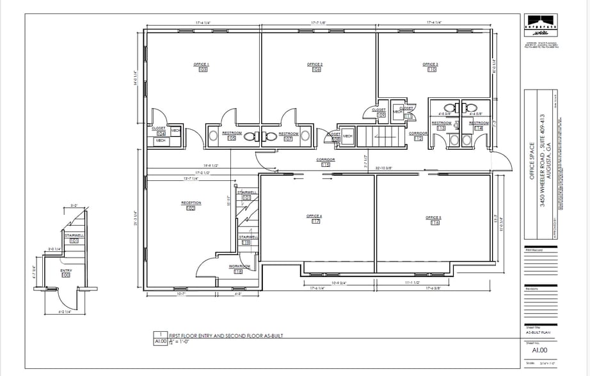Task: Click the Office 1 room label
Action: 202,65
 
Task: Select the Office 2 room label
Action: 315,65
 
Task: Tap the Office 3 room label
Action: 431,65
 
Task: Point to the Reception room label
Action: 191,203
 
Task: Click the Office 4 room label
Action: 314,217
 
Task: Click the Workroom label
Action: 239,265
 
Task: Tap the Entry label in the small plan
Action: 66,271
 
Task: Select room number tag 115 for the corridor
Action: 326,165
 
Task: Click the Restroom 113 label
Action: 442,123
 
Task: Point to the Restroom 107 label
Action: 288,134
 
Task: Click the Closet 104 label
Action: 158,128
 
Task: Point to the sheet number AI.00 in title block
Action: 539,350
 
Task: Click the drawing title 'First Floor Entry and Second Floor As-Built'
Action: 216,335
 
